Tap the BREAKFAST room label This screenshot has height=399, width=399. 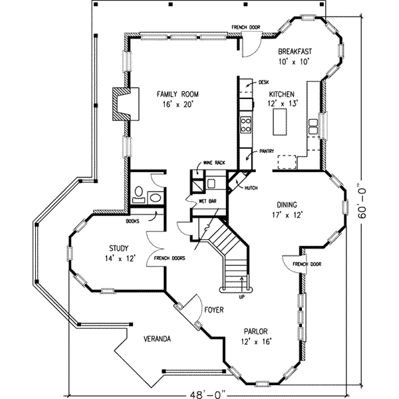[x=295, y=51]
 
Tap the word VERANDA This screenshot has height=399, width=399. [x=158, y=339]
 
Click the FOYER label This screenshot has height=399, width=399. [x=213, y=311]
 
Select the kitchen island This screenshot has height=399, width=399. [x=279, y=122]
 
